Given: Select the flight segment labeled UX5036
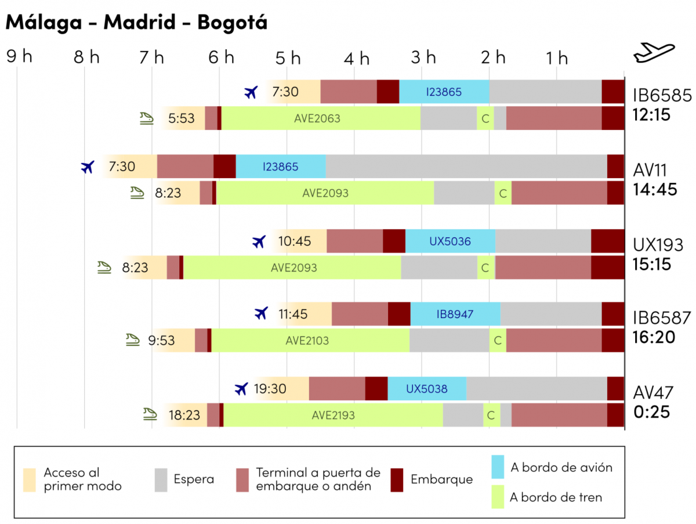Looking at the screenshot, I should [x=450, y=241].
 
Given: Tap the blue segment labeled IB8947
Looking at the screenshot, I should [x=455, y=315].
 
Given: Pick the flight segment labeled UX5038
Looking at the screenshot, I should [x=427, y=389].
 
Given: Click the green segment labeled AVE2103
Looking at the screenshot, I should [x=307, y=341].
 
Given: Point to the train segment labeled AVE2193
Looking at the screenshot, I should [x=333, y=415].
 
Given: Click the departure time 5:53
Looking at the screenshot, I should [x=181, y=118].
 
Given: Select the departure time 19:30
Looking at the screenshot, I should [x=270, y=389].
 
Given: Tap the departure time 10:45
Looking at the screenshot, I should [x=295, y=241].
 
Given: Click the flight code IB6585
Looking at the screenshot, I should [x=662, y=95].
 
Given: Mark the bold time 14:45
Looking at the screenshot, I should [x=655, y=189].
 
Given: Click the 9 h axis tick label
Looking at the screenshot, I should [x=19, y=56].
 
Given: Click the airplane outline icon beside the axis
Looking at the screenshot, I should [x=654, y=53].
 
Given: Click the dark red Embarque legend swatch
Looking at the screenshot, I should [x=397, y=479].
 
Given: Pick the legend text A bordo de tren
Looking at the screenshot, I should [x=556, y=497].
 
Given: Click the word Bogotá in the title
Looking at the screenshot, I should [x=232, y=22].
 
